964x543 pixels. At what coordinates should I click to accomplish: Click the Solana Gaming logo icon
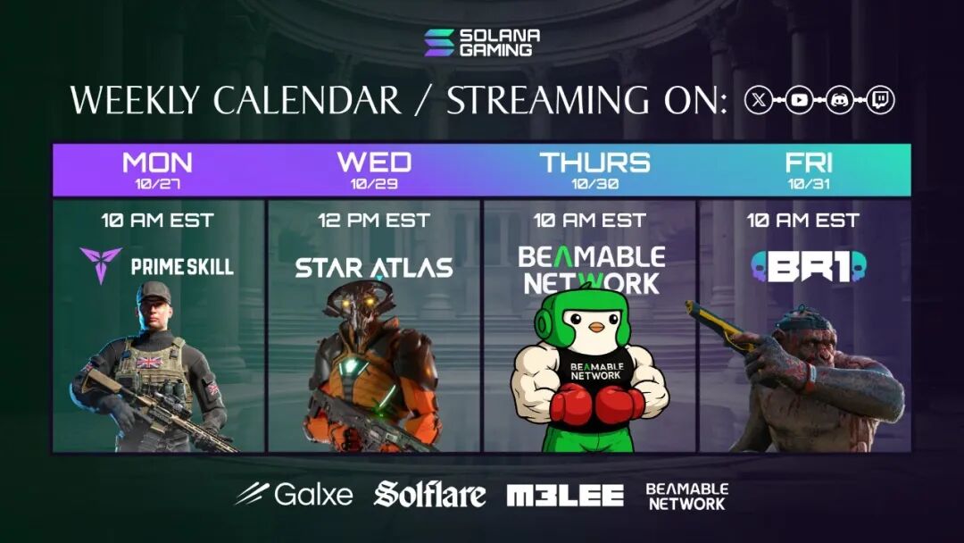point(439,43)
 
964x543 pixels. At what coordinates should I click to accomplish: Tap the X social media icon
point(759,100)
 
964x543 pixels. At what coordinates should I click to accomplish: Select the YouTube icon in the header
point(799,100)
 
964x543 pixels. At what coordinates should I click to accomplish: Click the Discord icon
point(840,100)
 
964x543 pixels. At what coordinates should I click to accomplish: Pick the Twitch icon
point(880,100)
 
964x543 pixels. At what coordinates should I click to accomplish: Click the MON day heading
point(157,163)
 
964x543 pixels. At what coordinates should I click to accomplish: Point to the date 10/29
point(374,184)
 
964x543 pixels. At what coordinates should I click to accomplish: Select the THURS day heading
point(594,163)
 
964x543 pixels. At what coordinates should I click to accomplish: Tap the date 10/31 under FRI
point(809,184)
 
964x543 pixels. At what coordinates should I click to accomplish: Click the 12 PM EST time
point(374,221)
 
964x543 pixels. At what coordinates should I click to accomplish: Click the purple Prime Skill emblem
point(100,264)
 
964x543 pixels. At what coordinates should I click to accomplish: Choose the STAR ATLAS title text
point(374,268)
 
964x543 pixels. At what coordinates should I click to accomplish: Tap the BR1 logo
point(809,267)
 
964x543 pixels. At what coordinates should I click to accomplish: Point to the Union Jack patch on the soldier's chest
point(149,363)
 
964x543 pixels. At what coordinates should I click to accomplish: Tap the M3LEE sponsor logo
point(565,496)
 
